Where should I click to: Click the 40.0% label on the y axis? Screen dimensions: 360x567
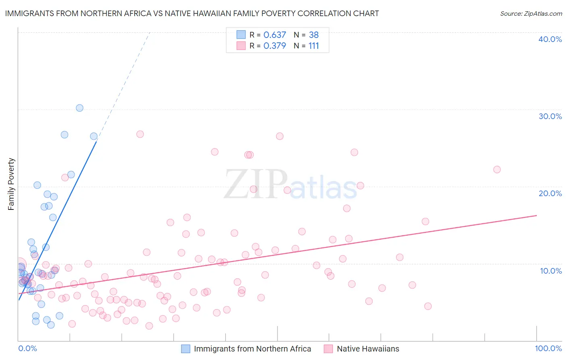pos(550,39)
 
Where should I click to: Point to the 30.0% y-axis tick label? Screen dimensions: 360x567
pos(550,116)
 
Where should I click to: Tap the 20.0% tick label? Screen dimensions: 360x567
pos(550,193)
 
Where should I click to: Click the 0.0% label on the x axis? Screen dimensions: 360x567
pos(27,348)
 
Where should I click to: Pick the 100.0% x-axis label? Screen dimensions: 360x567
pos(548,348)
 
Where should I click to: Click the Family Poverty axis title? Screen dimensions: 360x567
pos(11,184)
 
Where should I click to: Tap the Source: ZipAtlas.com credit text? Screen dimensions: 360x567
pos(531,14)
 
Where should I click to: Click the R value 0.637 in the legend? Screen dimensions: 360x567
pos(275,35)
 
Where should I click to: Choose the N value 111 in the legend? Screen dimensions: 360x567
pos(314,46)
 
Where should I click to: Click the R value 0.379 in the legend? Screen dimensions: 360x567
pos(275,46)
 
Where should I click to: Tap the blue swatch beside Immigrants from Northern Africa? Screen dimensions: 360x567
pos(186,349)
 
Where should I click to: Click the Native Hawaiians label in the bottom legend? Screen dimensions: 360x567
pos(368,349)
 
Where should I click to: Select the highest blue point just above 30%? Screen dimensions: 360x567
pos(79,108)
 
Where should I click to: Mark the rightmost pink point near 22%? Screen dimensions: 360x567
pos(497,170)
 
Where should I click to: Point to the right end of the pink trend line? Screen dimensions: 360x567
pos(536,216)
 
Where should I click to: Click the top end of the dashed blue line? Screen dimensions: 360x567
pos(150,32)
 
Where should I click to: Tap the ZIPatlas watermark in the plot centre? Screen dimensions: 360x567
pos(290,185)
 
